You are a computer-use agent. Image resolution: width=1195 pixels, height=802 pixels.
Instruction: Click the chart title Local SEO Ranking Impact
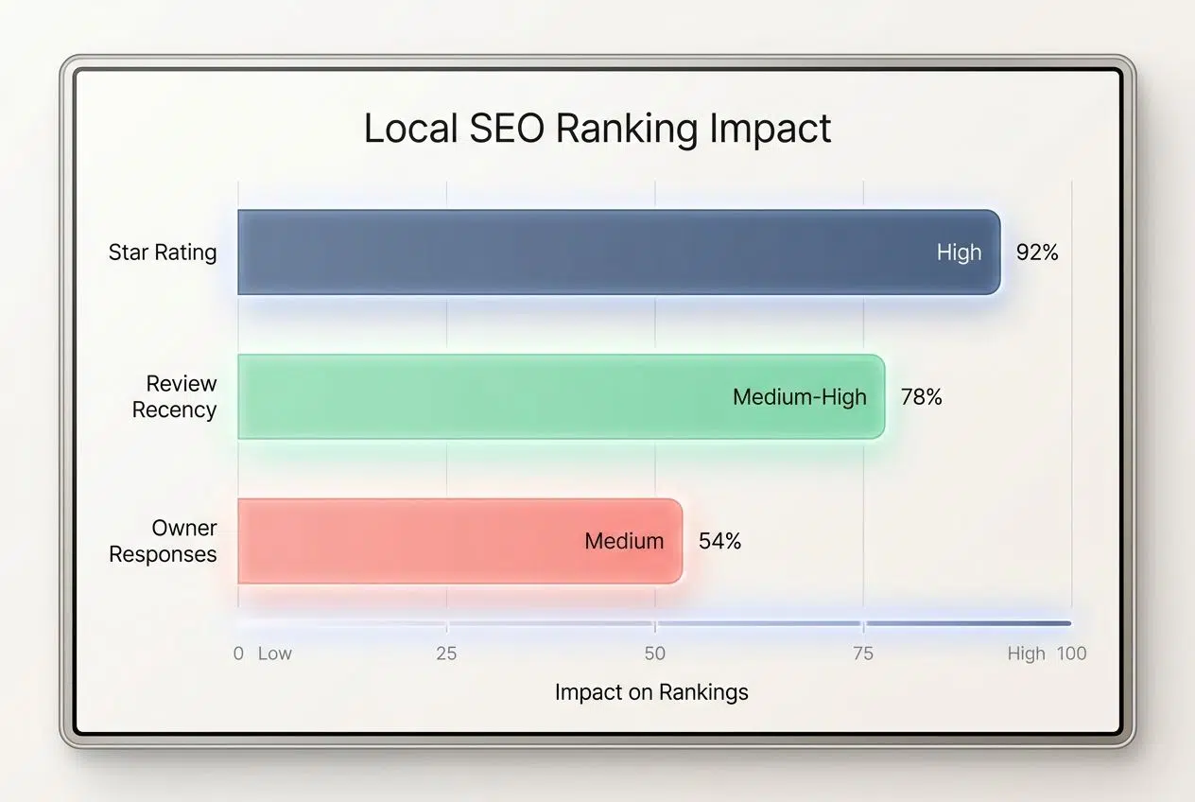597,129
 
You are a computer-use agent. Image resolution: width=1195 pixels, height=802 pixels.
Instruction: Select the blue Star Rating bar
567,253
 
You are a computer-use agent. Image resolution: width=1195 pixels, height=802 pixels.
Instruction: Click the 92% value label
1037,253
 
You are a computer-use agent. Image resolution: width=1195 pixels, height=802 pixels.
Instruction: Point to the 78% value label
922,397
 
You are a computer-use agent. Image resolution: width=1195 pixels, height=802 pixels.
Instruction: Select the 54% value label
719,541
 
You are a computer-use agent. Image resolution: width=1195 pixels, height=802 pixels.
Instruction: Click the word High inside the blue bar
959,253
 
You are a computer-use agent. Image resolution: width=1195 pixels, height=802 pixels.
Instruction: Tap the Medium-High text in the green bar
800,397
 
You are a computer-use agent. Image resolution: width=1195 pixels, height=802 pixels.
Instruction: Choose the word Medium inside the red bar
624,541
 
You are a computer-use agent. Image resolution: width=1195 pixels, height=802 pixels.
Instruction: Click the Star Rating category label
163,253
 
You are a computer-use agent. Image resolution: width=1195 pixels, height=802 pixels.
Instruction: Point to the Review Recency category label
175,397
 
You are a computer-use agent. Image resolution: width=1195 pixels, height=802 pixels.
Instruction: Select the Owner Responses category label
164,541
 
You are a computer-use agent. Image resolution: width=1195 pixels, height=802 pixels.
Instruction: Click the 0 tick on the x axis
238,654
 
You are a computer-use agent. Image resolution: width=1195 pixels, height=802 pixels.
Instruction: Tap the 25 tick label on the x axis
446,654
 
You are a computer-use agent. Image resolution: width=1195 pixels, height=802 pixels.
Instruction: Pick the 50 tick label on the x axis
655,654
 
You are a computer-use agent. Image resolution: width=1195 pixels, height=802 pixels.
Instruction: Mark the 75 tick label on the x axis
863,654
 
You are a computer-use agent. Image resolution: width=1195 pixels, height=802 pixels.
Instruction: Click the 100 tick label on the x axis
1072,654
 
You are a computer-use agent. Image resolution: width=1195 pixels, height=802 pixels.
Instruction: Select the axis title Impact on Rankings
651,692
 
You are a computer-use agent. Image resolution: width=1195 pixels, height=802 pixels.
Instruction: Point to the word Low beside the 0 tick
275,654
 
